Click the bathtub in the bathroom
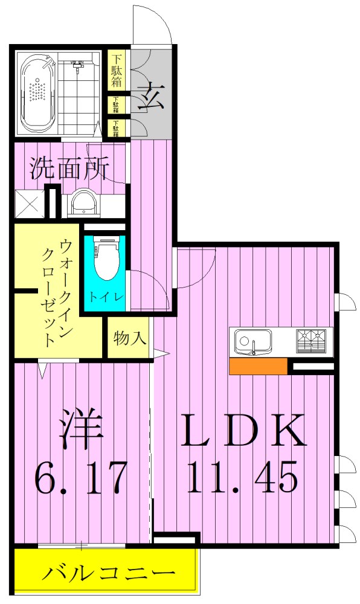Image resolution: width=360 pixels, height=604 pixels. coord(38,92)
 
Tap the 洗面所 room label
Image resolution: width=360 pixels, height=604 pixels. coord(69,169)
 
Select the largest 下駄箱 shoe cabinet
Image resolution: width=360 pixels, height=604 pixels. coord(117,71)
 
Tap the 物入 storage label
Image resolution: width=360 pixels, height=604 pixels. coord(130,338)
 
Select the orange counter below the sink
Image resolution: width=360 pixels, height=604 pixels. coord(258,367)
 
